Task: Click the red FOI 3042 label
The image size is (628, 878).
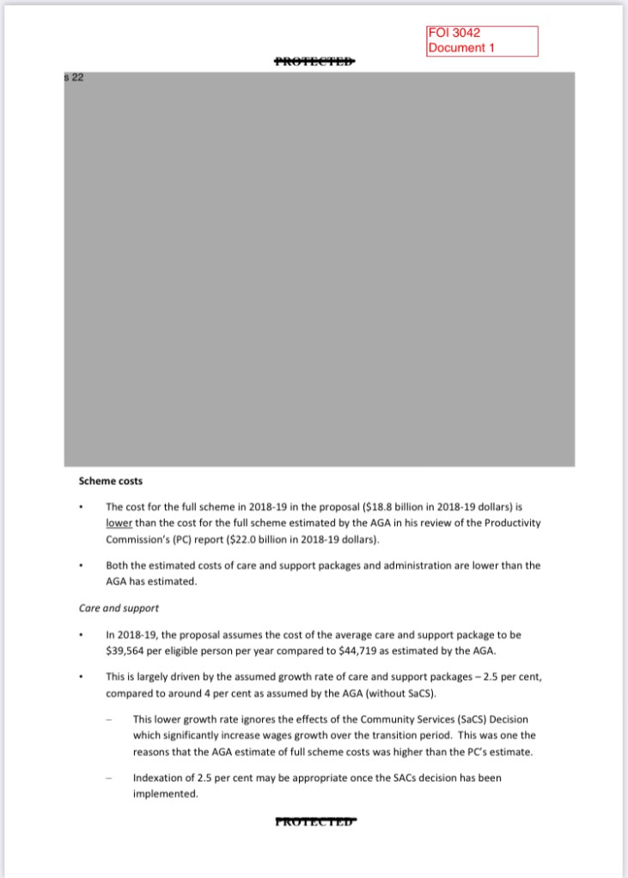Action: click(454, 33)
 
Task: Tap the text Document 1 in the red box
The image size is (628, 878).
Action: click(461, 48)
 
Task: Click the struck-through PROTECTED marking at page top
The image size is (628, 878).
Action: click(314, 61)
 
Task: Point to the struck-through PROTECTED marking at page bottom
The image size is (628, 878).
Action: click(314, 821)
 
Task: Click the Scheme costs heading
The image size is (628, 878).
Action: click(111, 481)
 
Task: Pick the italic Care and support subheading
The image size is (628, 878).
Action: click(119, 609)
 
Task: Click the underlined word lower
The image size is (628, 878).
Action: click(117, 523)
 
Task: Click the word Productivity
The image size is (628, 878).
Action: click(511, 523)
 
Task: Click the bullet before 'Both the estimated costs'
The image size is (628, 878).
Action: click(81, 566)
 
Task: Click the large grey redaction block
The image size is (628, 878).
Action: click(319, 269)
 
